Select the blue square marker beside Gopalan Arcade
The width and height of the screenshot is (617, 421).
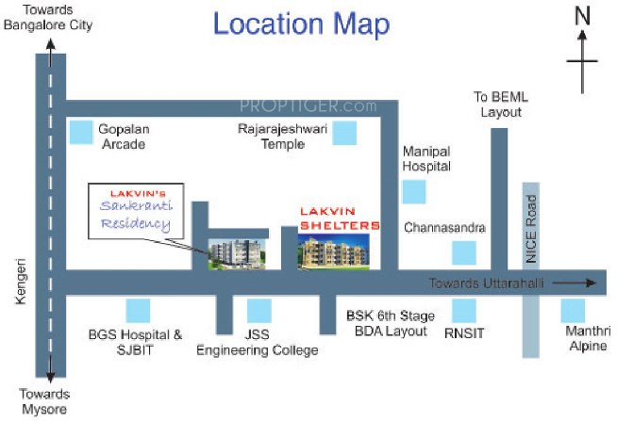pos(82,133)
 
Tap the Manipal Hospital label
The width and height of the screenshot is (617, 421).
pos(426,158)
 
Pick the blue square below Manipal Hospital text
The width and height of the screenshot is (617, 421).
pos(413,192)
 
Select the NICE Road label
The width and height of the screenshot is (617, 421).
pos(531,229)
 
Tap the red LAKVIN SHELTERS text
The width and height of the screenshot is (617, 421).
pos(339,219)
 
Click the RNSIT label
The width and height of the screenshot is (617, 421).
pos(463,332)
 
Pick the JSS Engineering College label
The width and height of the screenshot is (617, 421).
pos(257,342)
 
